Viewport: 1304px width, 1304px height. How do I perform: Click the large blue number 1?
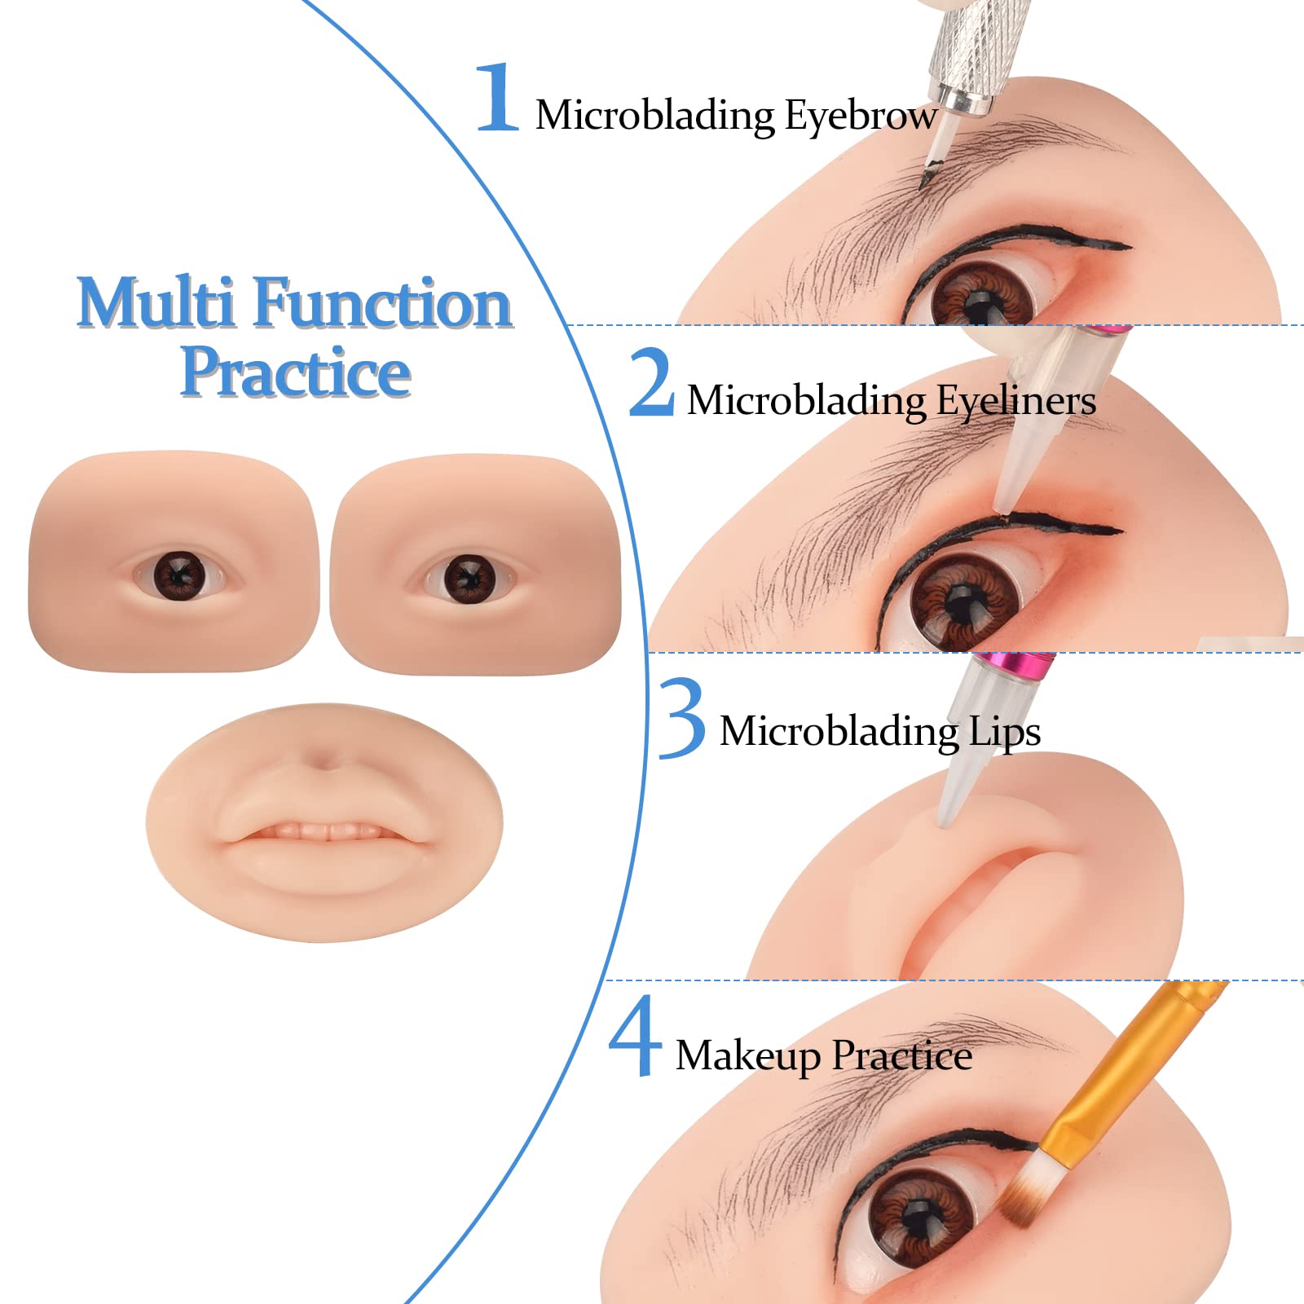pos(498,98)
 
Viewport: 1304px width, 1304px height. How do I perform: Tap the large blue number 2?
pos(651,382)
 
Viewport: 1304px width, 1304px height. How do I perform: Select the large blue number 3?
pos(681,718)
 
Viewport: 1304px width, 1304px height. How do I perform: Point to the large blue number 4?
pos(635,1036)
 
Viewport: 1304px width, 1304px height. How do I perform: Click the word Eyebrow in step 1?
pos(861,116)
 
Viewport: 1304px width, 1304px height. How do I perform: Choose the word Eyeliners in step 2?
pos(1015,401)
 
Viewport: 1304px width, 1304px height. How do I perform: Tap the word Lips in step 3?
pos(1004,731)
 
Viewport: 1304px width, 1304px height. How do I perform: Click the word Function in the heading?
pos(384,302)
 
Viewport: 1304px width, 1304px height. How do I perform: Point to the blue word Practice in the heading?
pos(295,372)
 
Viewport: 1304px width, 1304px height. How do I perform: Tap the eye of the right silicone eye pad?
pos(468,579)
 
